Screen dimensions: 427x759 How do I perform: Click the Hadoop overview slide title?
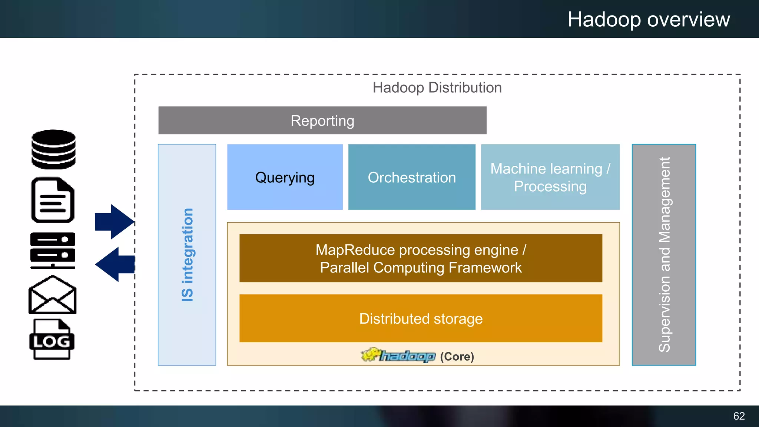pos(649,19)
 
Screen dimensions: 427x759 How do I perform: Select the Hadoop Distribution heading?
pos(437,88)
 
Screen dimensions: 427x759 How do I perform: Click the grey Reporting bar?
pos(322,121)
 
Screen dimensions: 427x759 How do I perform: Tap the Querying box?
pos(285,178)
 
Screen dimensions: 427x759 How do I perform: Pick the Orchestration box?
pos(411,178)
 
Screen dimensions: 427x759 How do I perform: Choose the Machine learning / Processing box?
pos(550,178)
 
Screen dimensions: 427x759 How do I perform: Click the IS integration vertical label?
pos(187,255)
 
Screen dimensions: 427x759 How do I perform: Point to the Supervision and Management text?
pos(664,255)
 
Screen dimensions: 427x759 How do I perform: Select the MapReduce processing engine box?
pos(421,258)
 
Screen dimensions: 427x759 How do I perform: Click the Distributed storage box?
pos(421,319)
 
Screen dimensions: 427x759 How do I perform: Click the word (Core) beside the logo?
pos(457,357)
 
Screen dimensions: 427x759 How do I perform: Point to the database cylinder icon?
pos(53,149)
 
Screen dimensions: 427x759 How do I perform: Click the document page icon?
pos(53,200)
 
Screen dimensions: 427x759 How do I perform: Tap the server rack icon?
pos(53,250)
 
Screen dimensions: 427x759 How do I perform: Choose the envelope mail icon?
pos(52,295)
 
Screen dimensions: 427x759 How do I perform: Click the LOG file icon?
pos(52,340)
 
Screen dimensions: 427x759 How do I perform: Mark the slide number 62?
pos(739,416)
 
